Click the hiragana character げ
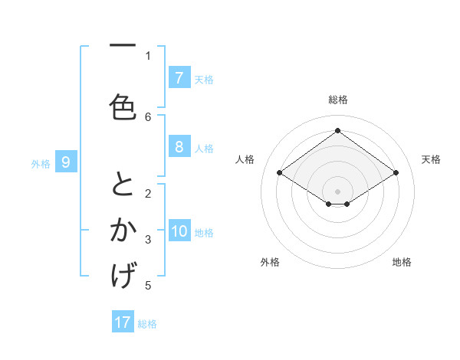[123, 275]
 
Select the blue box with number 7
[179, 78]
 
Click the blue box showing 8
[179, 147]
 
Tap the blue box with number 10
[180, 232]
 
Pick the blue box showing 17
[123, 322]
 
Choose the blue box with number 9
[66, 162]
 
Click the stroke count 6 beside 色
[148, 116]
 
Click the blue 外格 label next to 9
[41, 163]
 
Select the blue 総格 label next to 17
[147, 324]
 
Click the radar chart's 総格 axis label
[337, 100]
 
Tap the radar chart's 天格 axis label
[431, 159]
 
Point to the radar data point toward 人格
[279, 173]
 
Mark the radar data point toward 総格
[337, 130]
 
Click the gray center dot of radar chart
[337, 191]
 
